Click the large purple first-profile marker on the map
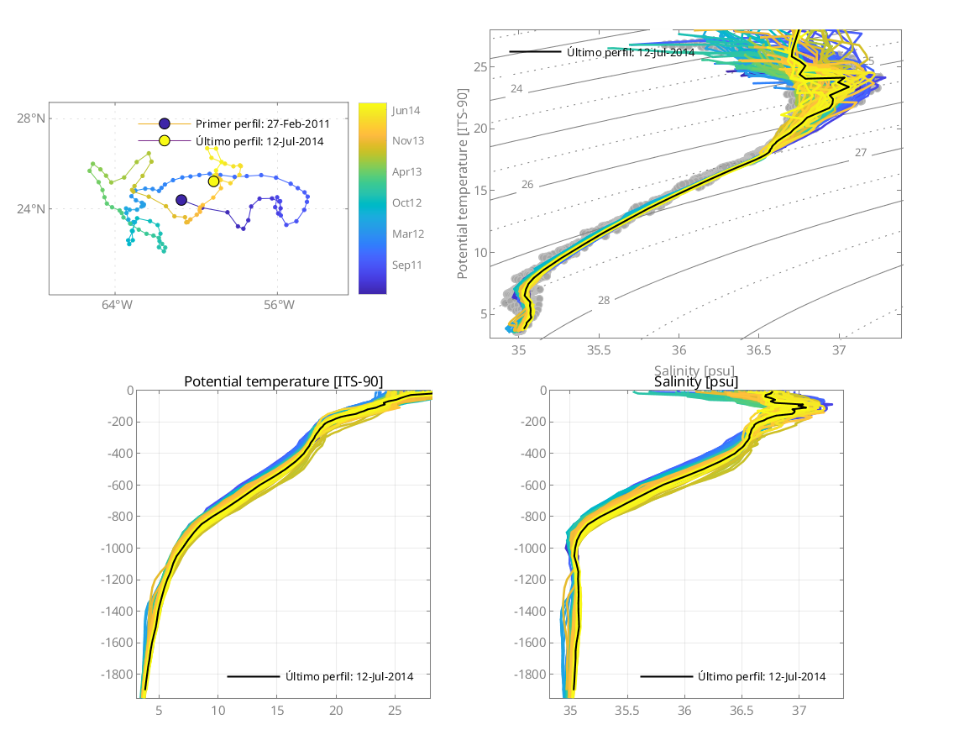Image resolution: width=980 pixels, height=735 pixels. coord(181,200)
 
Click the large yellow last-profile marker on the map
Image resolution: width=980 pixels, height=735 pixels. coord(213,181)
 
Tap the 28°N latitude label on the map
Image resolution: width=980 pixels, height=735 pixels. coord(31,118)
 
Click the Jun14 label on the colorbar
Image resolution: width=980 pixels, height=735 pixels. coord(406,110)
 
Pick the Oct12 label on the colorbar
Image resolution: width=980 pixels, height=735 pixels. coord(406,202)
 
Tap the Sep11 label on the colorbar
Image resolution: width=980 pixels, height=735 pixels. coord(406,265)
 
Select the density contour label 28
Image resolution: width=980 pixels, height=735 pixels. coord(604,300)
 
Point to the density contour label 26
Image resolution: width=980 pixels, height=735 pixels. coord(527,184)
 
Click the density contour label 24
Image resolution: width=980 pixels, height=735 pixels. coord(516,89)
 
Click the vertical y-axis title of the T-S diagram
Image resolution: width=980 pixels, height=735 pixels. coord(463,185)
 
